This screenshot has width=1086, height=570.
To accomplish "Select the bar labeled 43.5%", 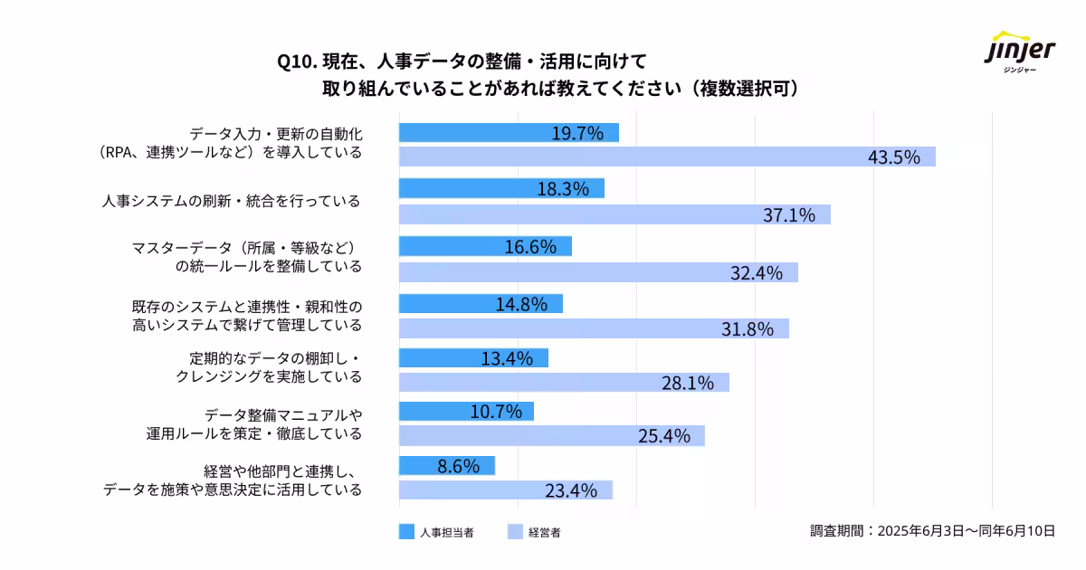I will point(667,157).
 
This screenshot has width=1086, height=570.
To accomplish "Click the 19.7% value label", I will point(577,133).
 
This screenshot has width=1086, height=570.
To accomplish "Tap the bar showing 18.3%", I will point(501,188).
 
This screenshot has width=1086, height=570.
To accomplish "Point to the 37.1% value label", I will point(789,214).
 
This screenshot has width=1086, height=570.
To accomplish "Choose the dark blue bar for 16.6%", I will point(485,246).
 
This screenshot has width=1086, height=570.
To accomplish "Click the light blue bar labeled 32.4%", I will point(598,272).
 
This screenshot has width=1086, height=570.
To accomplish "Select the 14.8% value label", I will point(521,304).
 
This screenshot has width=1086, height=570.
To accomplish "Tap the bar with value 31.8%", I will point(594,328).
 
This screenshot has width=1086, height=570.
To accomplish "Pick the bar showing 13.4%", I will point(473,358).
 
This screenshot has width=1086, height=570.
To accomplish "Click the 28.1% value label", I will point(688,383).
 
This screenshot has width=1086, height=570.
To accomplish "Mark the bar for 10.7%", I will point(466,412).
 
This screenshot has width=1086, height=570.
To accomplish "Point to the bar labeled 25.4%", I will point(551,436).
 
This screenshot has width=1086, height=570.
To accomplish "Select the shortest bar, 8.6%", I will point(447,465).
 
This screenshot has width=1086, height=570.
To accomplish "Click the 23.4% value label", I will point(571,490).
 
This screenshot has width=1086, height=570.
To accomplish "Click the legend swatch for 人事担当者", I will point(406,532).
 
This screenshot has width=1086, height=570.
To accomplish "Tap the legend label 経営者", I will point(545,532).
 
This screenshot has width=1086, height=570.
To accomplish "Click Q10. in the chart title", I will point(296,62).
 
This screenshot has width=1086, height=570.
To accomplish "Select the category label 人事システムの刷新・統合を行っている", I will point(231,201).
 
